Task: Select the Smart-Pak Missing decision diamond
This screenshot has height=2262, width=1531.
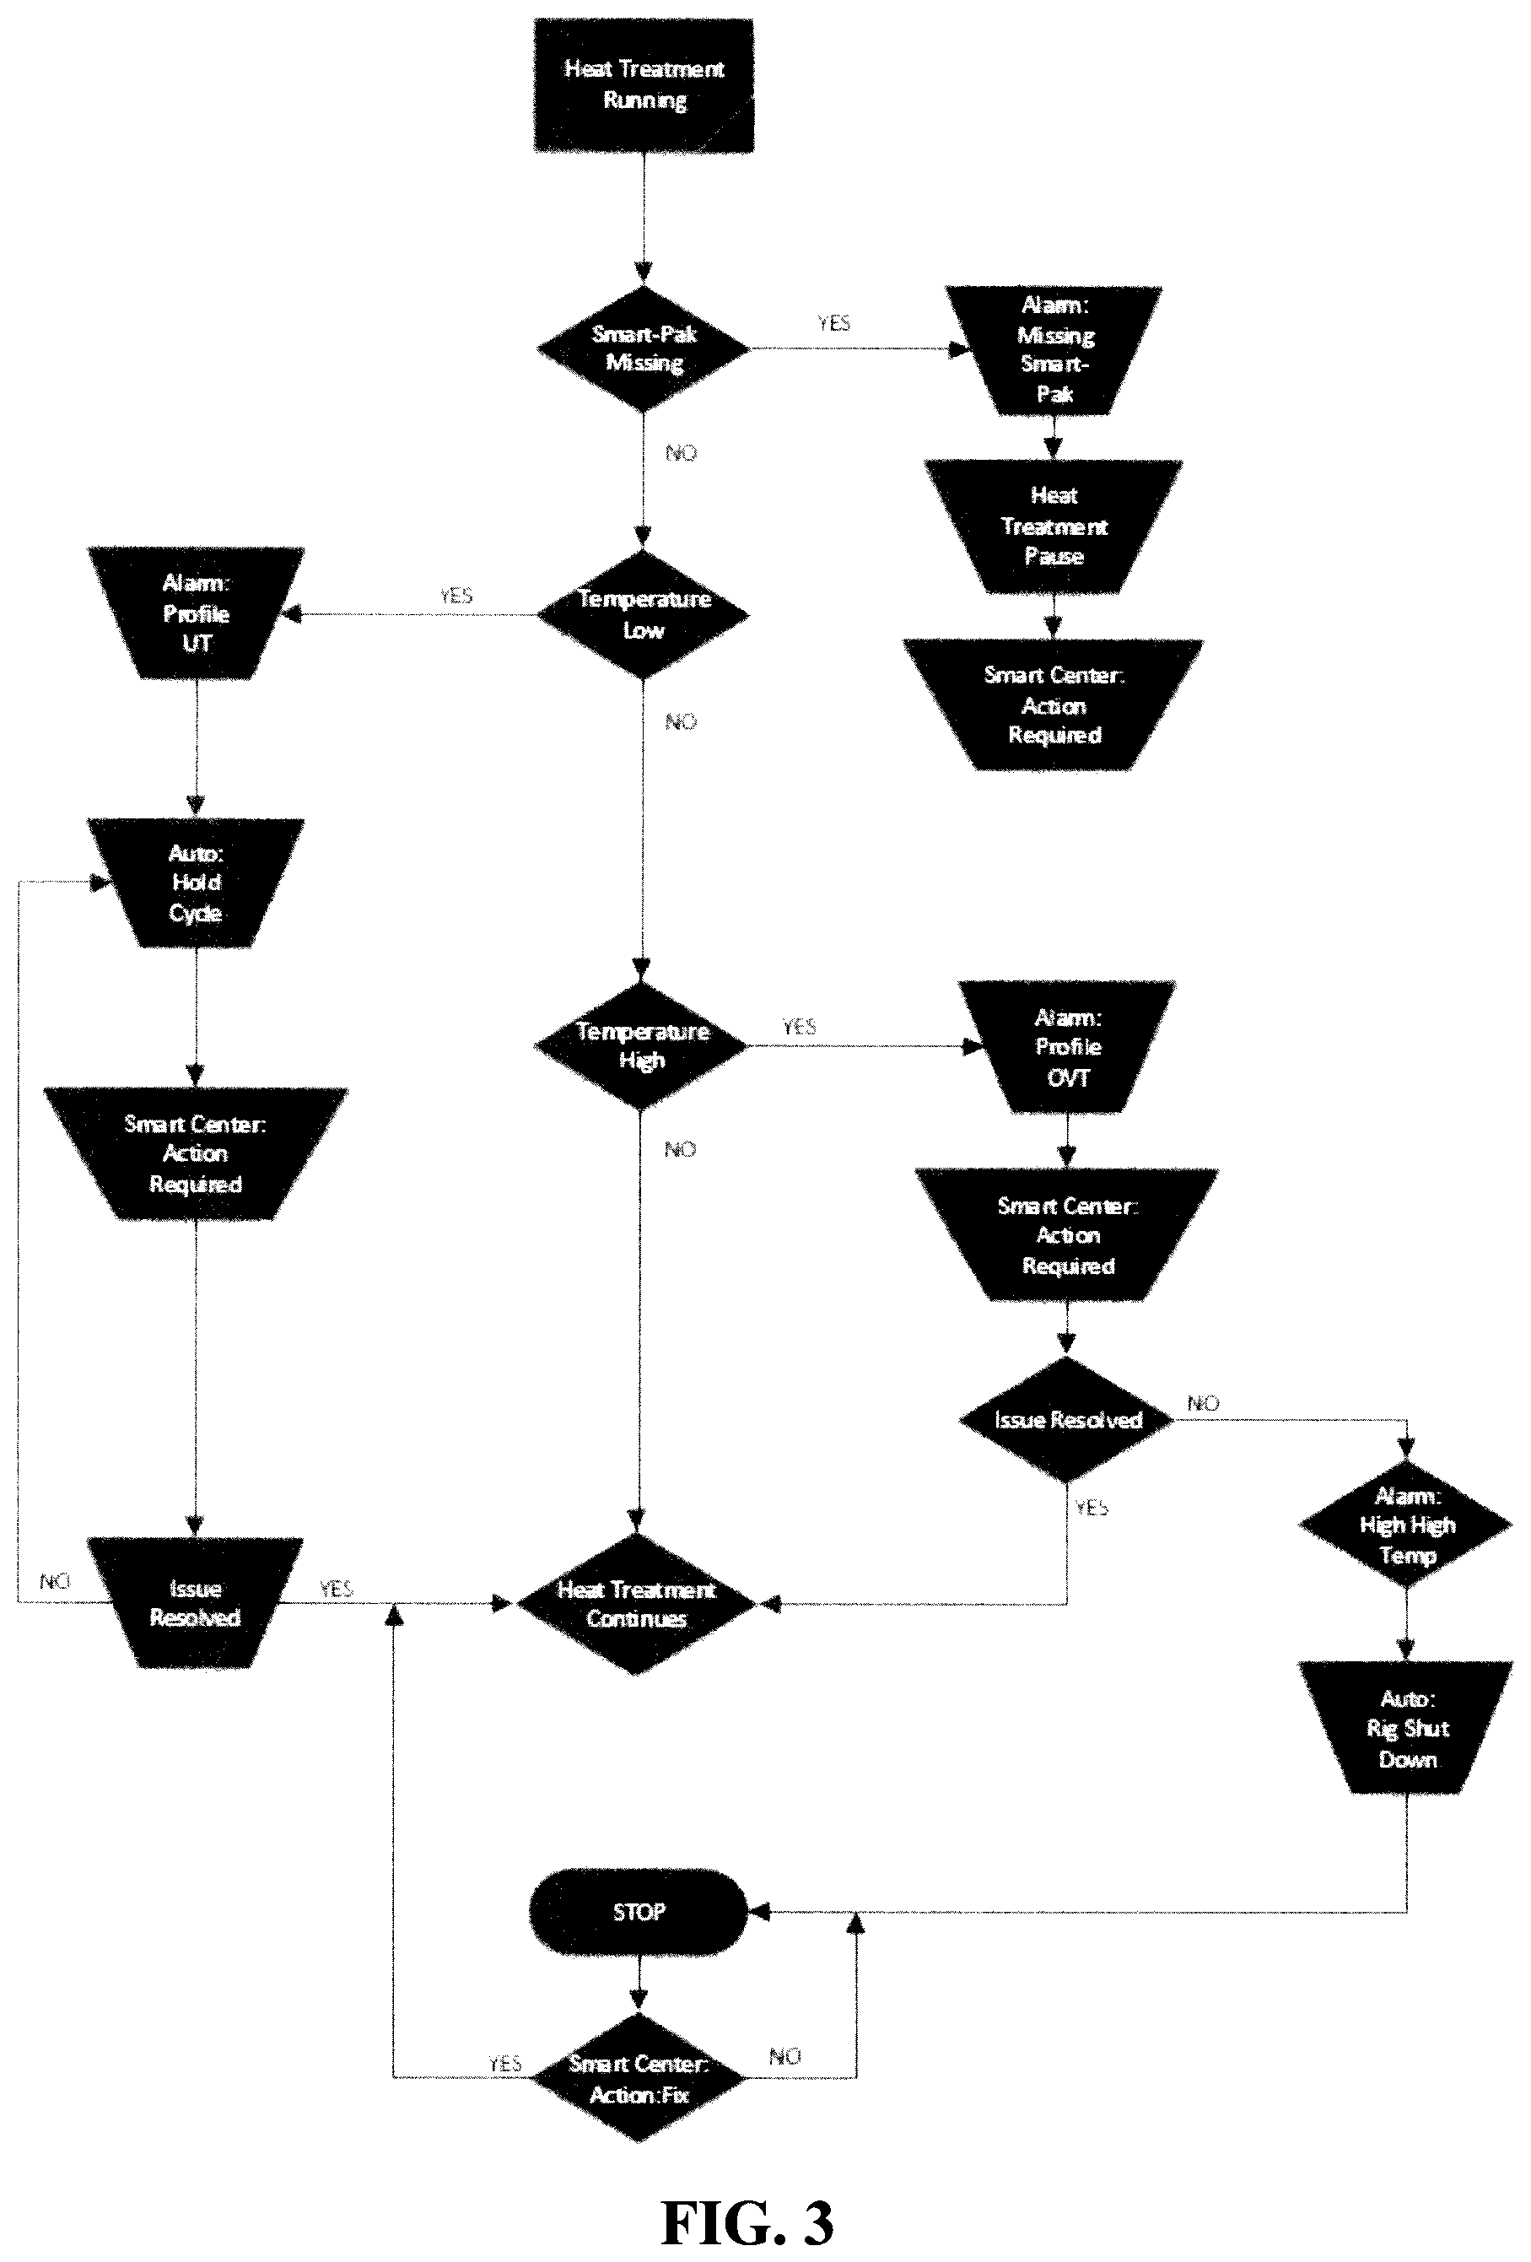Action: [x=644, y=348]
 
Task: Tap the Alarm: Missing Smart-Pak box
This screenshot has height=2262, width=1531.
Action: [x=1054, y=350]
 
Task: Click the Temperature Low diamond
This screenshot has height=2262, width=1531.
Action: [x=644, y=614]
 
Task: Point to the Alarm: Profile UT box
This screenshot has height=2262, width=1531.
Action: [x=196, y=613]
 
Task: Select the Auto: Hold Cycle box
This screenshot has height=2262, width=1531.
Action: [x=196, y=883]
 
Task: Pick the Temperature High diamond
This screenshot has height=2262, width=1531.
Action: [x=641, y=1045]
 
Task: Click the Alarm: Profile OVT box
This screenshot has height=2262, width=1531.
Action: [x=1068, y=1046]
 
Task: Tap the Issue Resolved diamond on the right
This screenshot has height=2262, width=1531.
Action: [x=1067, y=1419]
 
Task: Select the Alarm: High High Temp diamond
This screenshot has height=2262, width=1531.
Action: [x=1406, y=1525]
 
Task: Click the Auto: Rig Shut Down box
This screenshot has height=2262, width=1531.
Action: [x=1406, y=1728]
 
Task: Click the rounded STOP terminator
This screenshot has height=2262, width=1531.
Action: [x=639, y=1912]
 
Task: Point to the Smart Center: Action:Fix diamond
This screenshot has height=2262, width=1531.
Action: [x=639, y=2077]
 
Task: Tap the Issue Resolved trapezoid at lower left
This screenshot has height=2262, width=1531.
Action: [x=196, y=1603]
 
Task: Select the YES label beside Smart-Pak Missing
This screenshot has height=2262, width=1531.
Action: [x=834, y=323]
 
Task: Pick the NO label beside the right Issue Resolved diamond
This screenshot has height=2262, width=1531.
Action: [x=1203, y=1402]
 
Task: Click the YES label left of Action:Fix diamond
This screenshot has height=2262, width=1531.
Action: [x=505, y=2064]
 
